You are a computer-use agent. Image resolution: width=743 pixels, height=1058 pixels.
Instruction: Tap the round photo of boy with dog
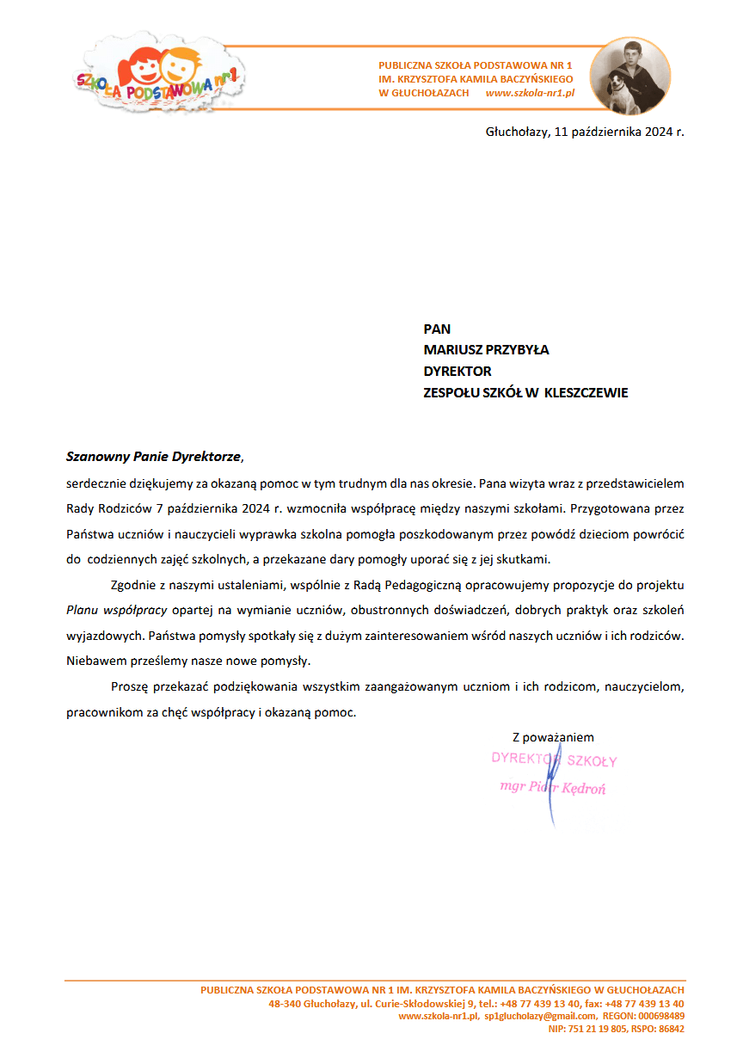pyautogui.click(x=631, y=76)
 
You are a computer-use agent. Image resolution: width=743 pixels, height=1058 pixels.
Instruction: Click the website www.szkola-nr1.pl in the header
pyautogui.click(x=530, y=93)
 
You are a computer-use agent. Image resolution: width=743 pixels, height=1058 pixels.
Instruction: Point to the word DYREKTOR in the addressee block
pyautogui.click(x=457, y=372)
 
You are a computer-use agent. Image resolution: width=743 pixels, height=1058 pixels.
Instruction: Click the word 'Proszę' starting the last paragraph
pyautogui.click(x=130, y=687)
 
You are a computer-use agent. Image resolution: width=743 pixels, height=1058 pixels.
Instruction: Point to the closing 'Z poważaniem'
pyautogui.click(x=553, y=737)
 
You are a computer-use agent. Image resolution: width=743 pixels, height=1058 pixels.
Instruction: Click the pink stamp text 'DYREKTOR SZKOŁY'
pyautogui.click(x=554, y=760)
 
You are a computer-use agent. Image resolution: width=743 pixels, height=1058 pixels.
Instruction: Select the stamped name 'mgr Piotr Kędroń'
pyautogui.click(x=552, y=788)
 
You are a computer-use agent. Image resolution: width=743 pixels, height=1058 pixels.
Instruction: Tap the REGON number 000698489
pyautogui.click(x=660, y=1016)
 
